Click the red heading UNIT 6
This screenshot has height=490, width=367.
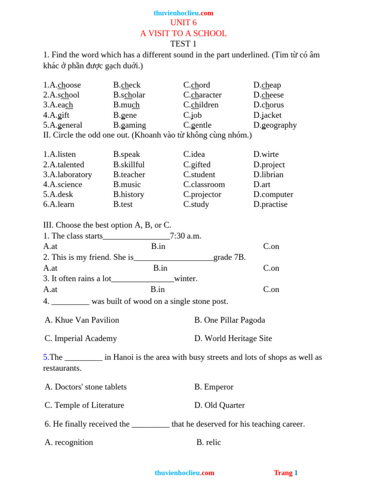183,23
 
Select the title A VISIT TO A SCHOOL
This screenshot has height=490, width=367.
183,33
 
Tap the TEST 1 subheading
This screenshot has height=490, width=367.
183,44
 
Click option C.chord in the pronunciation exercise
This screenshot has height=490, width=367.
196,85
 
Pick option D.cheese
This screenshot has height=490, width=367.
269,95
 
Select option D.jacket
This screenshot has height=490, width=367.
268,115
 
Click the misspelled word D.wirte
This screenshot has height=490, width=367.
266,155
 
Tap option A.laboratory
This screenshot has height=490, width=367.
67,175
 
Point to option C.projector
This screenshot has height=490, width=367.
202,195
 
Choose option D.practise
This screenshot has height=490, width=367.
270,204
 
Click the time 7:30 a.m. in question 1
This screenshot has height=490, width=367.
186,236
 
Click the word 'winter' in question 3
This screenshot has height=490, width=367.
186,278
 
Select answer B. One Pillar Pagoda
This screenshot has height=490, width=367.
229,320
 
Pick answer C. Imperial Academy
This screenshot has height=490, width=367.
81,339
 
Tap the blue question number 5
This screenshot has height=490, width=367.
46,357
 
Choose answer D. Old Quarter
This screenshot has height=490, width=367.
219,405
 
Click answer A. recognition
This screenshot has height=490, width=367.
69,443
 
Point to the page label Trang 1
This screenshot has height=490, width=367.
286,473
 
